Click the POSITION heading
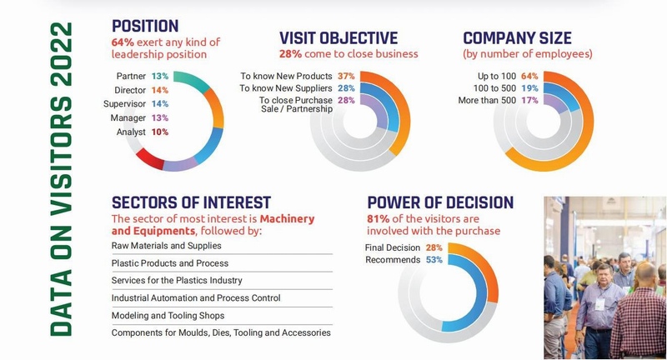(x=145, y=27)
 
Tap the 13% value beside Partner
(x=160, y=76)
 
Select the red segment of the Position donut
(x=150, y=158)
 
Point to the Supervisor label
(x=124, y=104)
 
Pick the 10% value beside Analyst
(x=160, y=132)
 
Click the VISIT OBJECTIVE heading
(x=339, y=38)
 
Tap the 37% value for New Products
(x=346, y=76)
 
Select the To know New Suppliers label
(x=286, y=88)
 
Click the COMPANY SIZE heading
(x=517, y=38)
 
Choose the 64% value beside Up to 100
(x=529, y=76)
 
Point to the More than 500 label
(x=487, y=100)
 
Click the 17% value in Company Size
(x=529, y=100)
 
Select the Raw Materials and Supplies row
(x=166, y=246)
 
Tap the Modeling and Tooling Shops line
(x=168, y=315)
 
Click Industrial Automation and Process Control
(x=196, y=298)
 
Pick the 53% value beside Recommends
(x=434, y=260)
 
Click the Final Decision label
(x=393, y=247)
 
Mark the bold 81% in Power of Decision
(x=379, y=219)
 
